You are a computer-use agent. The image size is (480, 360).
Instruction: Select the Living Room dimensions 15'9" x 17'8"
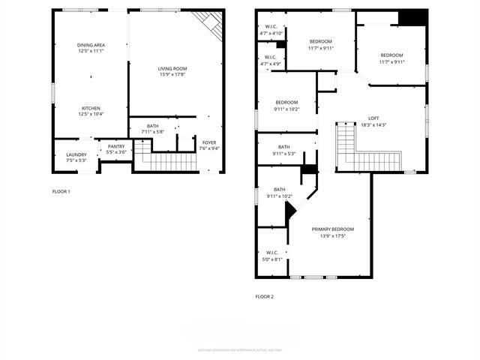point(177,74)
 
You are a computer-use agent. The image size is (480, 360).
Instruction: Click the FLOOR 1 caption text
point(61,192)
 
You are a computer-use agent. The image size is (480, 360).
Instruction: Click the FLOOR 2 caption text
point(264,297)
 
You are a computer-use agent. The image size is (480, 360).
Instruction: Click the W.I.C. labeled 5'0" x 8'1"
point(271,256)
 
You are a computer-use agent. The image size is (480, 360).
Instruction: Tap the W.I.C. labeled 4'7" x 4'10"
point(270,31)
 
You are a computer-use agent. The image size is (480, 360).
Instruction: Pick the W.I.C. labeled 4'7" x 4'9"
point(270,61)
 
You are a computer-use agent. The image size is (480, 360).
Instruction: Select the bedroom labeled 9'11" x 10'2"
point(286,106)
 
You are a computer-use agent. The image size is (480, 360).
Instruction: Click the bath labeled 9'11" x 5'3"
point(283,150)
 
